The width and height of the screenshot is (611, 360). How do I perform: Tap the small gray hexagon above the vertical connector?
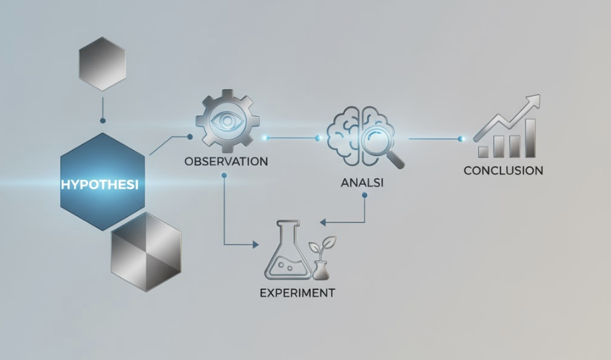point(102,64)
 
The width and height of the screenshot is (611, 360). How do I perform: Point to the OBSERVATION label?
point(226,162)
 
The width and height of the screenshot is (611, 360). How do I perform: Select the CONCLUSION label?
point(503,170)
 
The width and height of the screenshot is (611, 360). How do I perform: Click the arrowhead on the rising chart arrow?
point(533,101)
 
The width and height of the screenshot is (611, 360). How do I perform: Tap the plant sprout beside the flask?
point(321,256)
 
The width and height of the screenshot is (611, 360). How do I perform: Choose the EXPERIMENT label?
point(297,293)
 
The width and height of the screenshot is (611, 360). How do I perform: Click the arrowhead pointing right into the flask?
point(256,244)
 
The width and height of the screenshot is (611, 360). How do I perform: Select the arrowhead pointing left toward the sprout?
point(324,222)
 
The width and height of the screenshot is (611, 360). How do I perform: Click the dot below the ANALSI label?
point(364,195)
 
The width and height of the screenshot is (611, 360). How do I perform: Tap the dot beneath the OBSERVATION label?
point(224,175)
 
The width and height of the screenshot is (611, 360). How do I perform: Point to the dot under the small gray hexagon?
point(102,121)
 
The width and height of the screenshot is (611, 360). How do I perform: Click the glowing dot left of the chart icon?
point(462,139)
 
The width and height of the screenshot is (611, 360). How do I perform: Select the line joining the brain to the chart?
point(433,139)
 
